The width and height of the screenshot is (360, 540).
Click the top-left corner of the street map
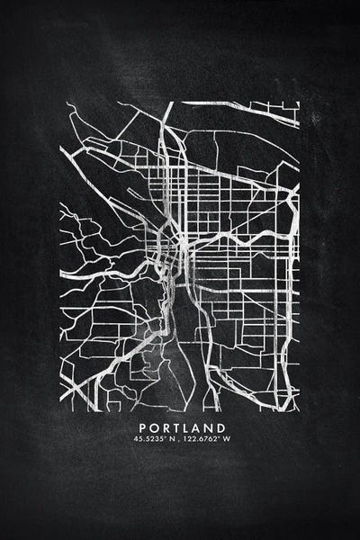pos(60,102)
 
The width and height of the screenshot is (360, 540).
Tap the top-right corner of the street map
pos(300,102)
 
